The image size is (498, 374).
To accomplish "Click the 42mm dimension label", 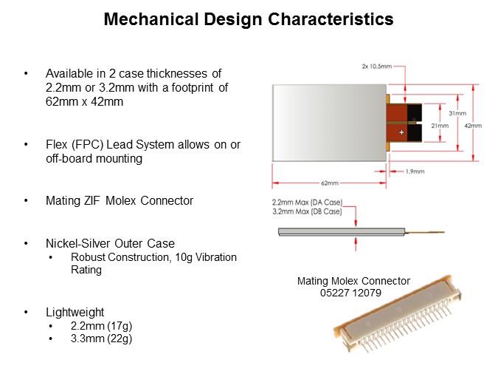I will (473, 126).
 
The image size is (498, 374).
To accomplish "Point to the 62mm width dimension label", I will (329, 183).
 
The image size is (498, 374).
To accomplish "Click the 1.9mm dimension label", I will (415, 171).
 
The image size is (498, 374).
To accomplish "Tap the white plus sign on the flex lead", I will (401, 132).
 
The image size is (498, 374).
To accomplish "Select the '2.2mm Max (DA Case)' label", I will (307, 202).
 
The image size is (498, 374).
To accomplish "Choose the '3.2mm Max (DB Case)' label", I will (307, 211).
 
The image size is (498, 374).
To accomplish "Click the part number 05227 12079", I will (351, 292).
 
